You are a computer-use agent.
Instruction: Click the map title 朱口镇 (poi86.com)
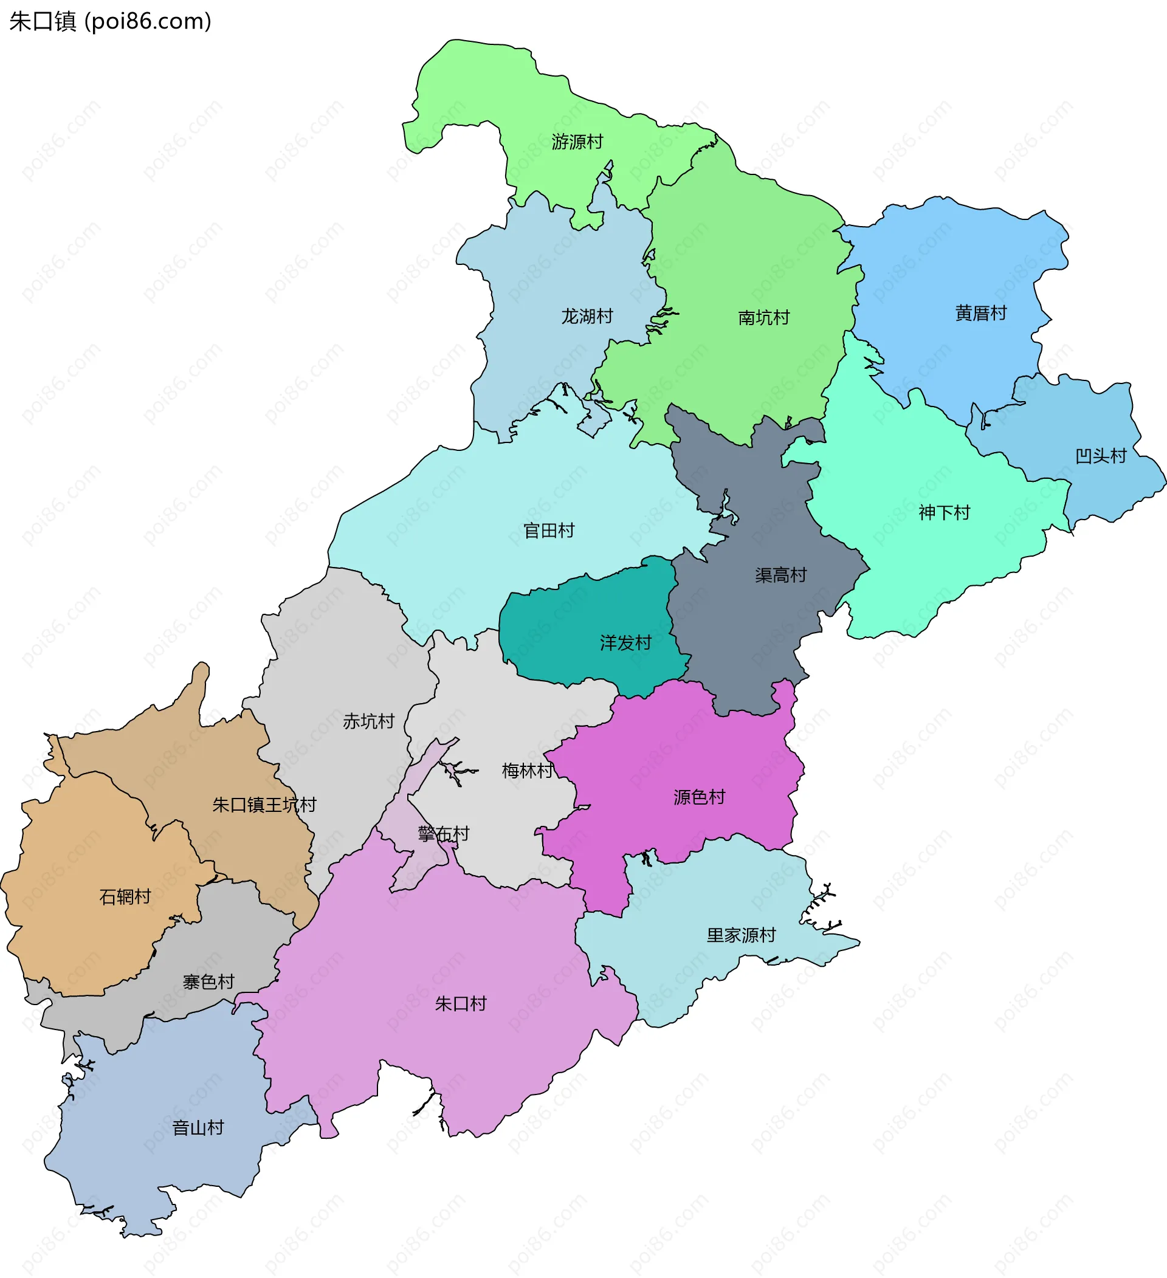coord(110,21)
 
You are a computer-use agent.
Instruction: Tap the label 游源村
coord(577,142)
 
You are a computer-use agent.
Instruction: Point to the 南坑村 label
coord(764,318)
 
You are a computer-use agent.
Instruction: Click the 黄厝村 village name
coord(980,312)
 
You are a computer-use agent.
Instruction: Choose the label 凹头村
coord(1101,456)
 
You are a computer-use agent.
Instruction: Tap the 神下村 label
coord(945,512)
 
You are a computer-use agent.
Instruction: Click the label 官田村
coord(549,531)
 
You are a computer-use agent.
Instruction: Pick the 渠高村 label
coord(780,575)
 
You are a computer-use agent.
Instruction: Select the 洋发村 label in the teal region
coord(625,643)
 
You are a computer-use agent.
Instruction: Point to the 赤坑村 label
coord(368,721)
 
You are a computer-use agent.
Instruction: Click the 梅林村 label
coord(528,770)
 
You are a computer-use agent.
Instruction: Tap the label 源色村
coord(699,797)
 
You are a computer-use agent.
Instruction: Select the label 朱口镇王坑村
coord(264,805)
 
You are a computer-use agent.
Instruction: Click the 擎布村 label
coord(444,834)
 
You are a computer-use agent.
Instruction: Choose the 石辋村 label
coord(125,896)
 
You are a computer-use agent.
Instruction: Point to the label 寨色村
coord(208,981)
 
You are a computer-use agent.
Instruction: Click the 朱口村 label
coord(461,1003)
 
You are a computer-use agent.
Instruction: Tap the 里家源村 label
coord(741,935)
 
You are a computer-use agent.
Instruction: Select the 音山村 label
coord(198,1128)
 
